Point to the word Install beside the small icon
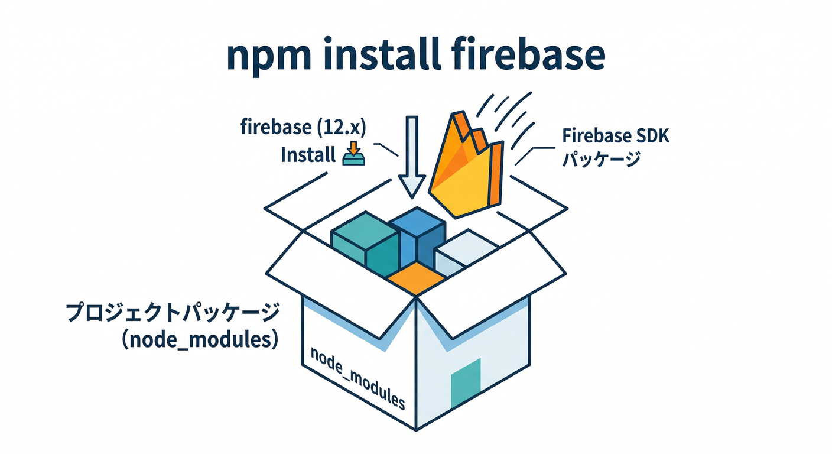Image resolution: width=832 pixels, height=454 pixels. (x=308, y=155)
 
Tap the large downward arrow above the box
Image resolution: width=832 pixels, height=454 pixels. (x=411, y=157)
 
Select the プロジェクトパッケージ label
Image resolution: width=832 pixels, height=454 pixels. (x=171, y=314)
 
